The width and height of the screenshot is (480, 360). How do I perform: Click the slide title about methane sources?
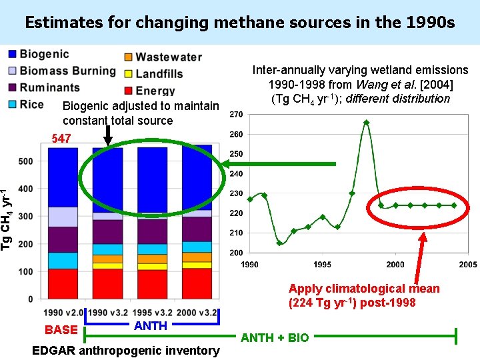[x=239, y=22]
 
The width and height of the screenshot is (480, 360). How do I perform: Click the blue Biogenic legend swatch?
[x=11, y=54]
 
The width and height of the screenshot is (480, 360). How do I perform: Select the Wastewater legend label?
[x=168, y=57]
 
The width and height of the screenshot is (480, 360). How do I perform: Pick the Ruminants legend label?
[x=49, y=87]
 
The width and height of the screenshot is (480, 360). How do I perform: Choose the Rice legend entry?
[x=31, y=104]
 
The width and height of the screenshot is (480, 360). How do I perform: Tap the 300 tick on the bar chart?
[x=25, y=216]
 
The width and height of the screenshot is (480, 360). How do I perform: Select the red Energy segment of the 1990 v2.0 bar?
[x=63, y=283]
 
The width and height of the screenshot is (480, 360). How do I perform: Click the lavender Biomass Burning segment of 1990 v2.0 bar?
[x=63, y=217]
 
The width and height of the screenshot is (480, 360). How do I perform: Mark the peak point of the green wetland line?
[x=367, y=122]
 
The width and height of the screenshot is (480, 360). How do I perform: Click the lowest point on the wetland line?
[x=279, y=243]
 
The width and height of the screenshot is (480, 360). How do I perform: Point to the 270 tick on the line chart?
[x=236, y=115]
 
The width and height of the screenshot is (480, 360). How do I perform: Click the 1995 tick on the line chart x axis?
[x=322, y=265]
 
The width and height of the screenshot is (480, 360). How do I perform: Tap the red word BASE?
[x=61, y=329]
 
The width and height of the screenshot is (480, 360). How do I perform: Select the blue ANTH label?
[x=151, y=325]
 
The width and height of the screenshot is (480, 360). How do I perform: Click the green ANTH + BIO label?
[x=275, y=337]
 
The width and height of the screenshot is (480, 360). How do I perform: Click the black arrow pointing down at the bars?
[x=108, y=136]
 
